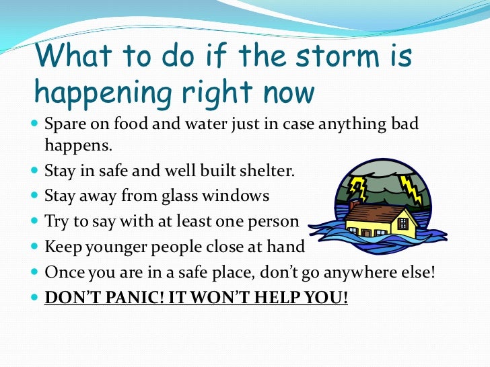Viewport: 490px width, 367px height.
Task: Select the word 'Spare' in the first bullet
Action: pos(63,125)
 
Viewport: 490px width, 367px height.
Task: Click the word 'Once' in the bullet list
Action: pos(61,272)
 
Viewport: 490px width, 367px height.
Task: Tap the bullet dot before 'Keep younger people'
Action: pos(35,247)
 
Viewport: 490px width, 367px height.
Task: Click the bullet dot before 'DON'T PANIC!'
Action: pos(35,297)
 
